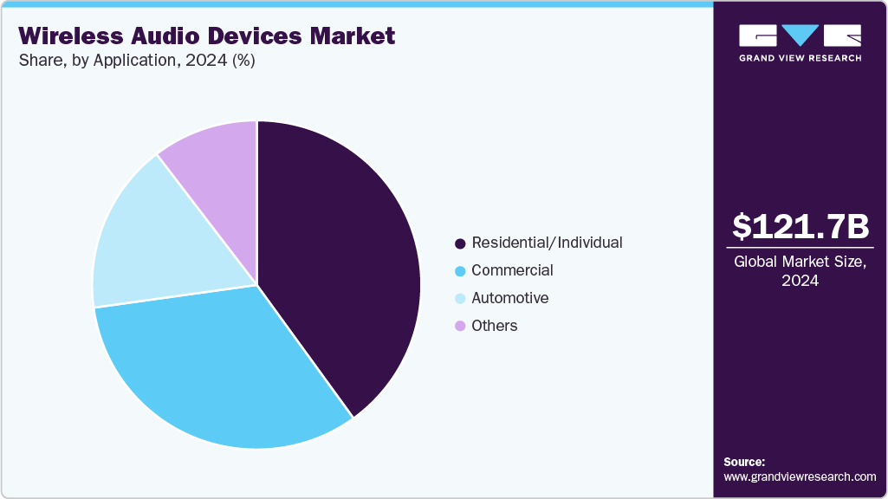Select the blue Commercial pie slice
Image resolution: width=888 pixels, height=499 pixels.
click(225, 373)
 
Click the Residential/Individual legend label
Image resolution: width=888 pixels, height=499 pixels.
click(547, 243)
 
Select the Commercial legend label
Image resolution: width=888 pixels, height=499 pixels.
click(512, 270)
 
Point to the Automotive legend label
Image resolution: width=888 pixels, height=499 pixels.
click(509, 298)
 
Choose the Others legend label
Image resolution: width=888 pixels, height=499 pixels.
click(494, 326)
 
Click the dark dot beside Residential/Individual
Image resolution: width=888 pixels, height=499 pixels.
click(460, 243)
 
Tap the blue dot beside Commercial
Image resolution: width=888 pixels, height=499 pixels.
click(460, 271)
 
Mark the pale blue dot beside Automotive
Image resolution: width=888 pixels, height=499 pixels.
click(460, 299)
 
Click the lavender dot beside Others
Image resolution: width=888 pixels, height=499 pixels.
click(460, 327)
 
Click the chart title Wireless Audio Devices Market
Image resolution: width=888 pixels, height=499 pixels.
click(207, 36)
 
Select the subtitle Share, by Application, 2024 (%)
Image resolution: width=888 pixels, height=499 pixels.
click(136, 61)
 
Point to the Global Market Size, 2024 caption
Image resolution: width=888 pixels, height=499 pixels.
click(800, 271)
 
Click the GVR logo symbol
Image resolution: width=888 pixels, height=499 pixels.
click(800, 36)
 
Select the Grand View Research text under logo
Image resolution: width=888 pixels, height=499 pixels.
click(800, 58)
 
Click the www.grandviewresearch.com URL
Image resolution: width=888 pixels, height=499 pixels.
click(800, 476)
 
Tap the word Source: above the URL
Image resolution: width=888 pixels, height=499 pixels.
click(744, 462)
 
